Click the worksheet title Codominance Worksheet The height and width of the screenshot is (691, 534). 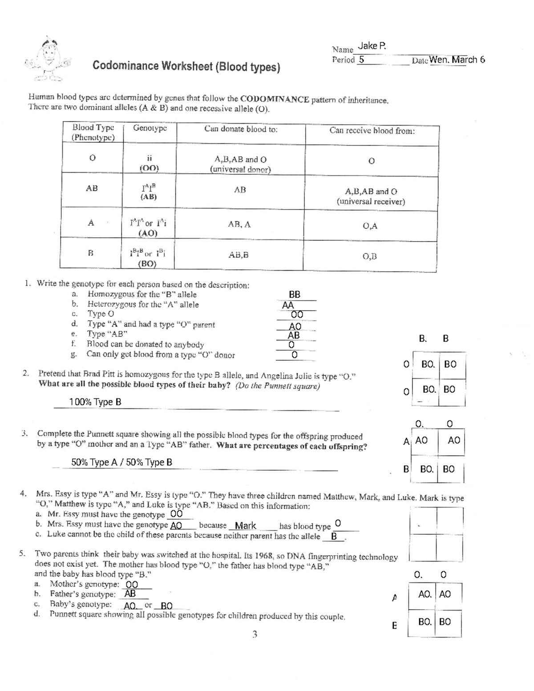(186, 66)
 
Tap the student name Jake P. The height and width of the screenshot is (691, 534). (372, 46)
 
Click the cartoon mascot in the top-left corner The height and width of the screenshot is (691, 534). (49, 60)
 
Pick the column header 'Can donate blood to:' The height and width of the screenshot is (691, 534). (241, 129)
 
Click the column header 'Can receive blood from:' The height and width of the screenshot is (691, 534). (372, 130)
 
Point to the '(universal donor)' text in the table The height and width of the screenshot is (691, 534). (240, 169)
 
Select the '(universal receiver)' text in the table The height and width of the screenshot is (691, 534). (371, 202)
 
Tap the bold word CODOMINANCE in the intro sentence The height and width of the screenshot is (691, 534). (275, 99)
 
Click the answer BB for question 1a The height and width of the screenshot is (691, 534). (295, 294)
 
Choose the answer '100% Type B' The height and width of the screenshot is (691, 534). (95, 402)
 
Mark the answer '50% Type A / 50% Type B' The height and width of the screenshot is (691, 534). (121, 462)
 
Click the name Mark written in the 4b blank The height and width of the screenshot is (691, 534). (245, 525)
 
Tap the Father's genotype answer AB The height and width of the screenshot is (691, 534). (130, 594)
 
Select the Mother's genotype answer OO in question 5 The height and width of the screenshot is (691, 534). (131, 584)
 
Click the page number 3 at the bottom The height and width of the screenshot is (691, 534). (255, 634)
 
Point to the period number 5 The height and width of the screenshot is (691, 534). (361, 60)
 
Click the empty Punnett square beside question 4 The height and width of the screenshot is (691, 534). (436, 534)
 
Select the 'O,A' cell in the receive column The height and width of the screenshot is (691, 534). (370, 226)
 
